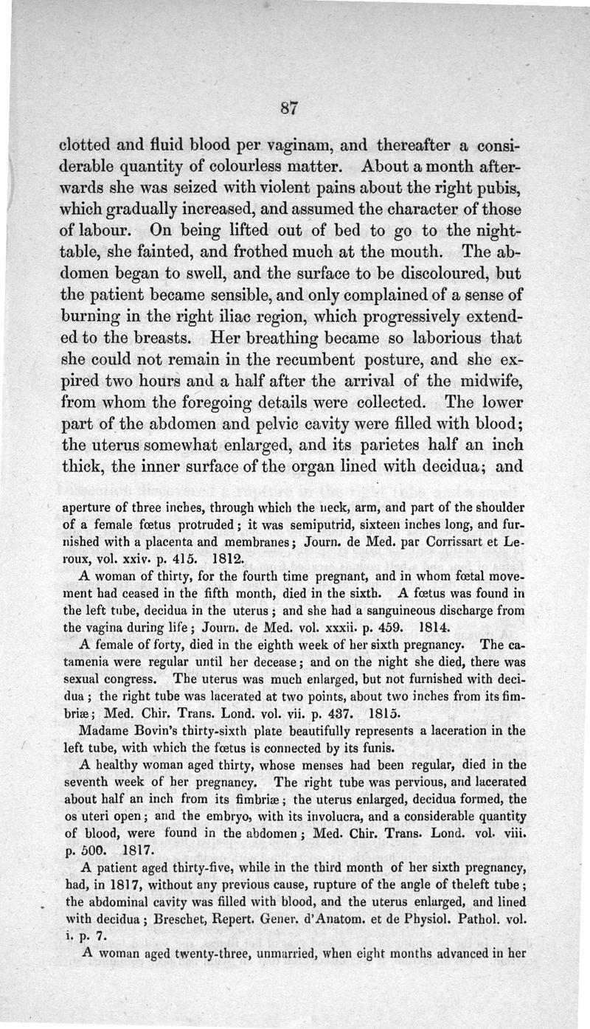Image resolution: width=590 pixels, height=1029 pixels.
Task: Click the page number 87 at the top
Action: [x=288, y=108]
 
